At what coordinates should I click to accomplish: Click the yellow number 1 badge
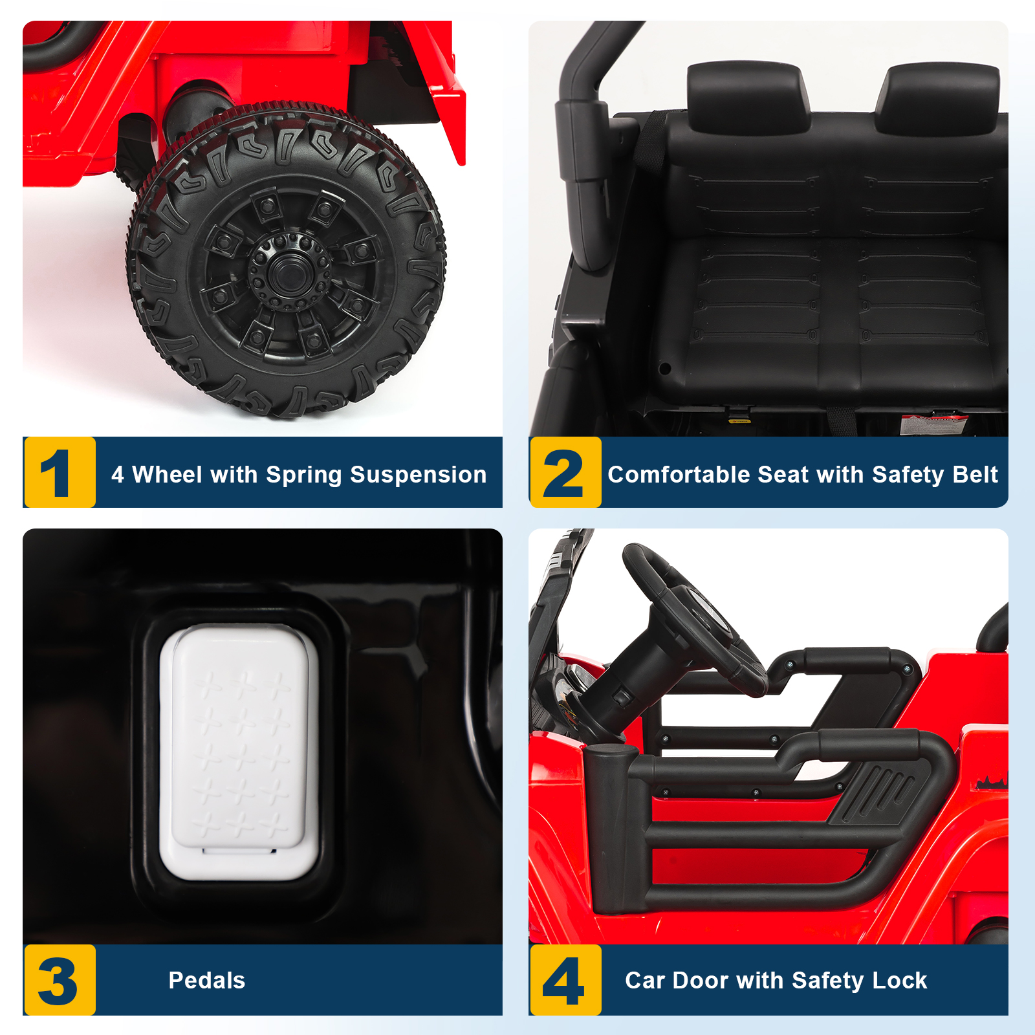tap(60, 472)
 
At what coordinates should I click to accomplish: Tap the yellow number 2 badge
tap(565, 472)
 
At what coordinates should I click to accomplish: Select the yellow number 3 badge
tap(60, 980)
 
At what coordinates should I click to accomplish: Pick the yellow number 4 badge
tap(565, 980)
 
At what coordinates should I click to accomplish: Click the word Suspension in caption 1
tap(418, 475)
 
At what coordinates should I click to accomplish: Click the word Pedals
tap(207, 981)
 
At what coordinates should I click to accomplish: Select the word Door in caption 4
tap(701, 981)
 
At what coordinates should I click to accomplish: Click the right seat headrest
tap(938, 97)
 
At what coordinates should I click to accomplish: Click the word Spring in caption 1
tap(304, 475)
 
